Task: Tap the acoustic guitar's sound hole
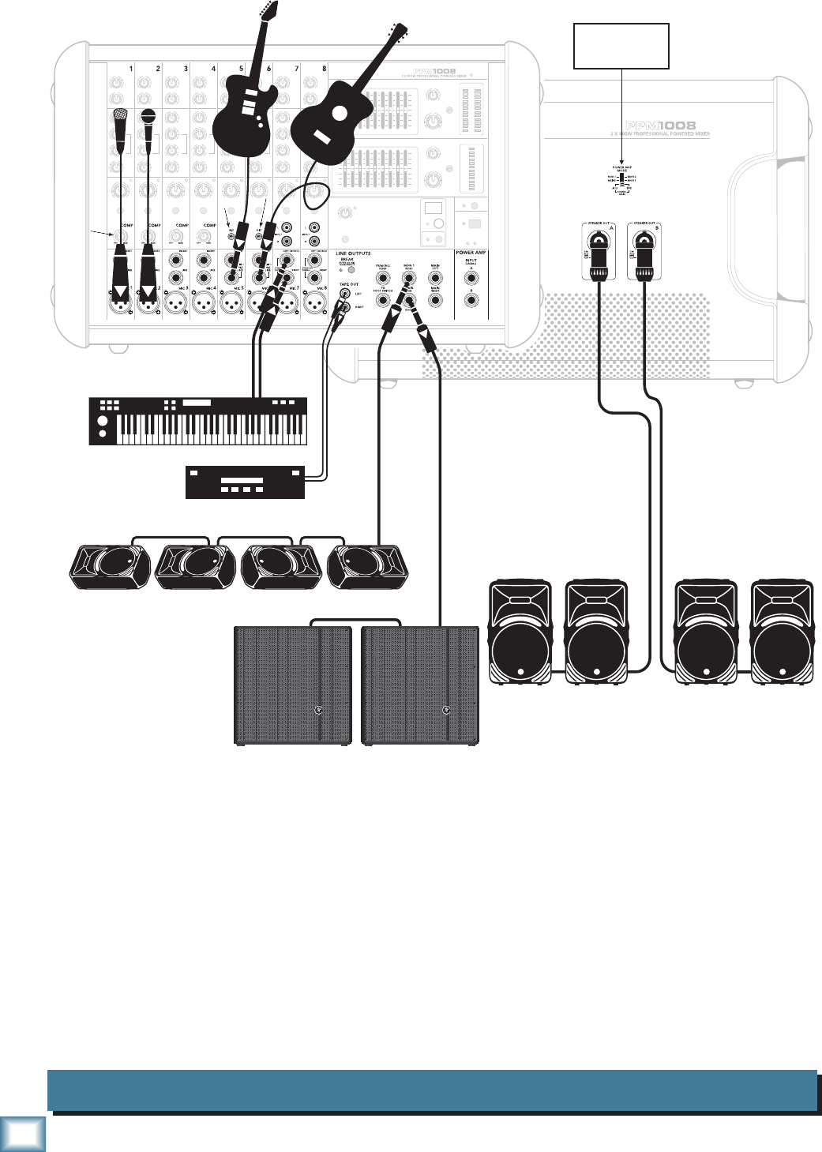point(340,113)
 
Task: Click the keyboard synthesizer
point(197,421)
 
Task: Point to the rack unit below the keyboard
point(245,482)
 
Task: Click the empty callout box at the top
point(621,47)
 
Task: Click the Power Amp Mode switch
point(621,178)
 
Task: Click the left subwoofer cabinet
point(293,685)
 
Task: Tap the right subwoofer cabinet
point(419,685)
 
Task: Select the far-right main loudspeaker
point(782,632)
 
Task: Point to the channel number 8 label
point(324,69)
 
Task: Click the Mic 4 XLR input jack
point(204,304)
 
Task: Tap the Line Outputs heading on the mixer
point(353,253)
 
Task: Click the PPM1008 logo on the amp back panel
point(660,126)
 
